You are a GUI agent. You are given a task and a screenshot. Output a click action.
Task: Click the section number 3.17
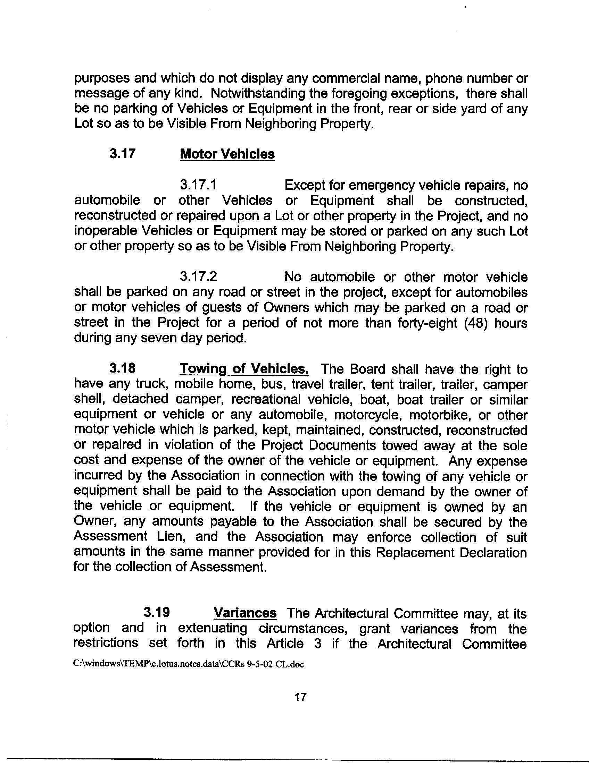pyautogui.click(x=122, y=154)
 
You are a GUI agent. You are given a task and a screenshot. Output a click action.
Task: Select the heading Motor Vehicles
pyautogui.click(x=227, y=154)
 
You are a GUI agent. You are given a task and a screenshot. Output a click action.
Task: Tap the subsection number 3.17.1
pyautogui.click(x=198, y=185)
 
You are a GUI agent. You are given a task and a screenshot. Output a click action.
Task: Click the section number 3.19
pyautogui.click(x=157, y=612)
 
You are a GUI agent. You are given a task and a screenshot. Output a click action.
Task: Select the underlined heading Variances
pyautogui.click(x=245, y=613)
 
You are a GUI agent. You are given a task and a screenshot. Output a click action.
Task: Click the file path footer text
pyautogui.click(x=189, y=664)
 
